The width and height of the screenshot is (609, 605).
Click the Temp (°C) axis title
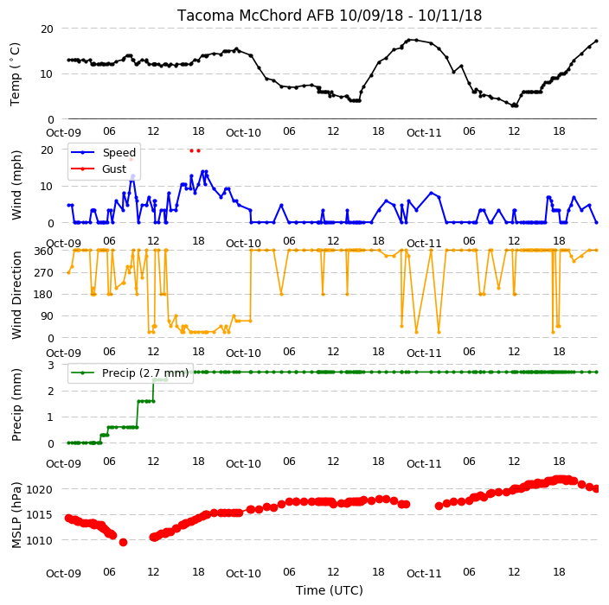15,74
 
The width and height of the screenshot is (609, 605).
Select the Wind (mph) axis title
16,186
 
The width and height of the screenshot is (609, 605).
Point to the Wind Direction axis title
16,295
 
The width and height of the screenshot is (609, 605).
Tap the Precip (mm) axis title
16,404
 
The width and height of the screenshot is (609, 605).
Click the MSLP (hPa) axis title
16,515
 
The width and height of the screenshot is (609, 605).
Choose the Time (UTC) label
330,590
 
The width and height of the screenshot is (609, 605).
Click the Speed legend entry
119,152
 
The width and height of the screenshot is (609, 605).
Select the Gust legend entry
114,169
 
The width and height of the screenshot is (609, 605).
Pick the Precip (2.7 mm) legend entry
145,373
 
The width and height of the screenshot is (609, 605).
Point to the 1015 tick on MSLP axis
39,515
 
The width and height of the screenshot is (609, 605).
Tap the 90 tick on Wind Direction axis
47,316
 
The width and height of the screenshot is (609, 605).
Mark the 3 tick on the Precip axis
50,365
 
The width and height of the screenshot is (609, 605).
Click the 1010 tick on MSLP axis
39,540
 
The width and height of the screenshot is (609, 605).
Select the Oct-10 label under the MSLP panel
243,574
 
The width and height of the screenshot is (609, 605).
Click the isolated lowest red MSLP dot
123,542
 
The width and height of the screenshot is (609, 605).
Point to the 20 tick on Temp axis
47,29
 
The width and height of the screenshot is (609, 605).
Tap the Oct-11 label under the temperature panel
424,133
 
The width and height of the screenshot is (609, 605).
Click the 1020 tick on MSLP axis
39,489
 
